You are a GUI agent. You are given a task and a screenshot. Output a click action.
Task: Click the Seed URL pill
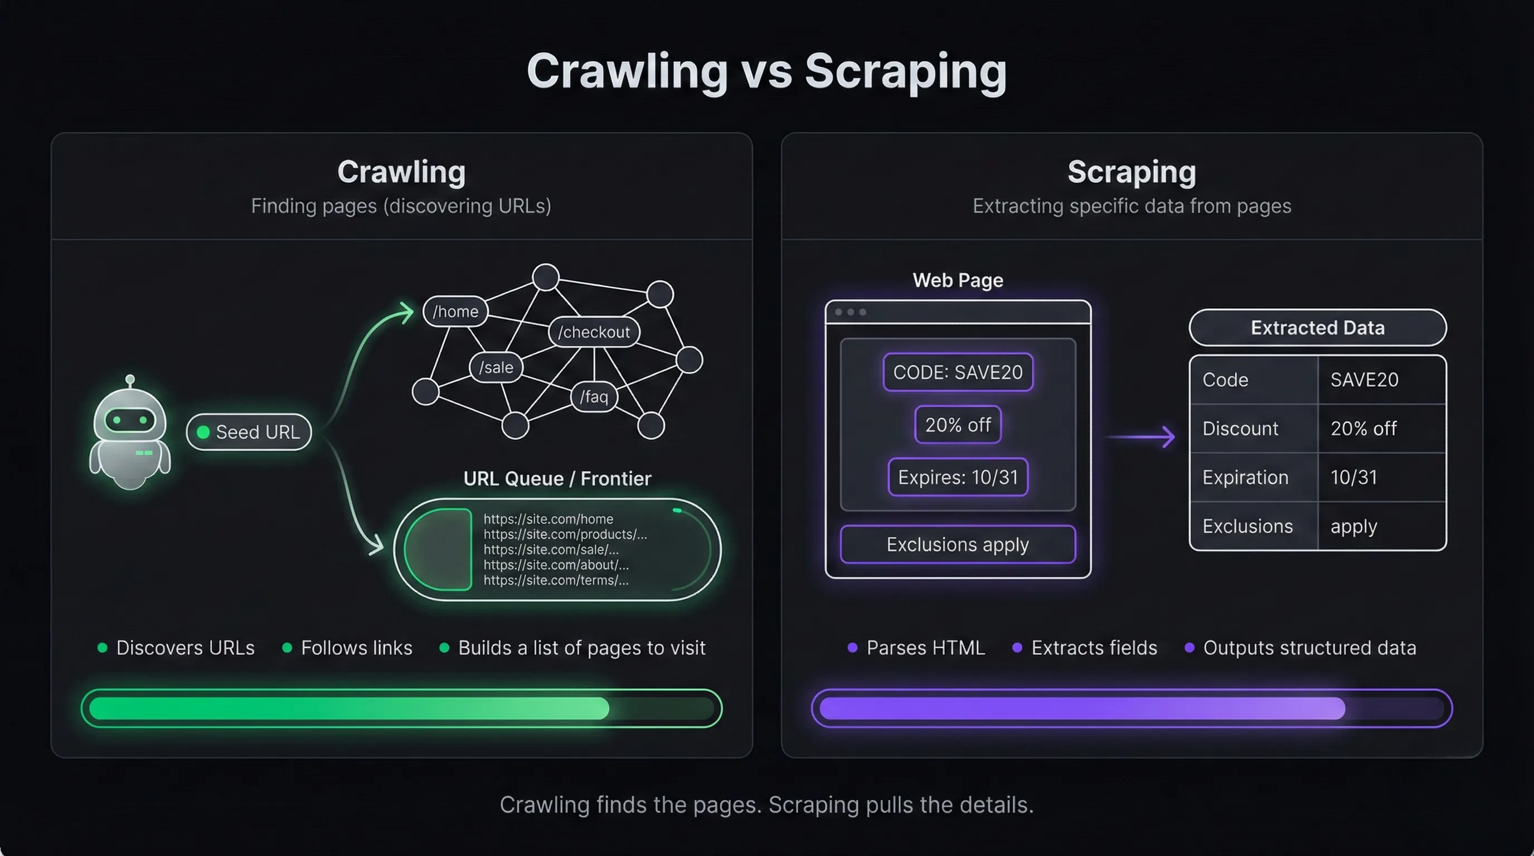point(249,431)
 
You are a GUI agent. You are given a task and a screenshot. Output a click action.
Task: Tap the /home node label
point(455,312)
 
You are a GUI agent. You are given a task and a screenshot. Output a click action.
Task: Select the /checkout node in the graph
point(594,332)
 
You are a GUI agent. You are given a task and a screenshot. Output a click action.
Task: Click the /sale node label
point(496,367)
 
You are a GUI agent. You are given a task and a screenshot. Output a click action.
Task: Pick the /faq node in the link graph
point(594,396)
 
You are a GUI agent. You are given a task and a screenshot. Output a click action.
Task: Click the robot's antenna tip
point(130,379)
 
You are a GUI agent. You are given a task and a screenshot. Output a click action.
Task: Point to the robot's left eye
point(117,420)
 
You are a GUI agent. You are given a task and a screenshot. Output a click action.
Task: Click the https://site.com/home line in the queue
point(548,519)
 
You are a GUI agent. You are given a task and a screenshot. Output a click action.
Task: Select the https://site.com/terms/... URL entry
point(556,580)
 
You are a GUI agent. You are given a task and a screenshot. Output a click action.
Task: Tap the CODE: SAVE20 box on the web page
point(958,373)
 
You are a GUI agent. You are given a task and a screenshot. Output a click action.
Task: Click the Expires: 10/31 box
point(958,478)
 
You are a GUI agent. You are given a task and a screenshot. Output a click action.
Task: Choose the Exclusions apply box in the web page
point(958,544)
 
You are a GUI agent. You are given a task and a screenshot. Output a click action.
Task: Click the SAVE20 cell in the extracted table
point(1365,380)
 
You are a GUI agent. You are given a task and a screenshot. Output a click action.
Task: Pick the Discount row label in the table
point(1240,429)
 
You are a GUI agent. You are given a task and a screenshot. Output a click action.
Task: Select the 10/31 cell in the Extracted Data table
point(1353,478)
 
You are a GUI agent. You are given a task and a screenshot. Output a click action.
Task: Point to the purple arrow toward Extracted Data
point(1140,437)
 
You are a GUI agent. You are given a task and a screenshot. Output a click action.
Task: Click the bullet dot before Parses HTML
point(852,648)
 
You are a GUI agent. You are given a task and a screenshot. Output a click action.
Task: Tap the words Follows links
point(356,648)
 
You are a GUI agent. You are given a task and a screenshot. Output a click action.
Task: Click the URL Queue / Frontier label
point(557,479)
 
